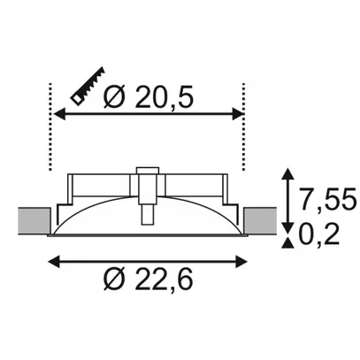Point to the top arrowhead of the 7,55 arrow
point(287,176)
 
